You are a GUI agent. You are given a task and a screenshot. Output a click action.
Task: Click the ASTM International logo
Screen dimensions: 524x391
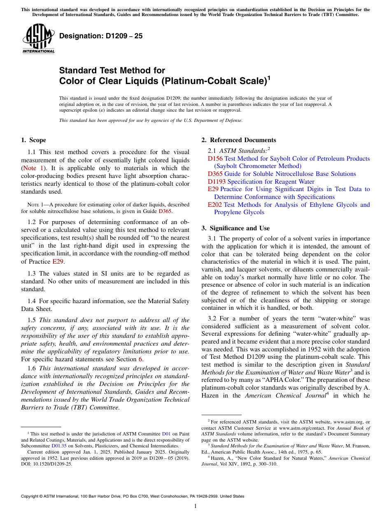click(x=38, y=38)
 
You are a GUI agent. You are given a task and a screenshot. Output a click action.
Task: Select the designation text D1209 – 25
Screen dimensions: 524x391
click(x=101, y=36)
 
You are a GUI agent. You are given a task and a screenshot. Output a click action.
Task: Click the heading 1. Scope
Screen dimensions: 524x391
click(x=33, y=140)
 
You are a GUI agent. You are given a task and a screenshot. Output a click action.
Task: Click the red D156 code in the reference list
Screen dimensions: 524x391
click(x=215, y=159)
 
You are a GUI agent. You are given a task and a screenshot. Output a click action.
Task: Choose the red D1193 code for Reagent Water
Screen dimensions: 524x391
click(x=216, y=182)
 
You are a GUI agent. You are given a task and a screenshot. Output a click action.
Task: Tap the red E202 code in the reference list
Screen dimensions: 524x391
click(x=215, y=205)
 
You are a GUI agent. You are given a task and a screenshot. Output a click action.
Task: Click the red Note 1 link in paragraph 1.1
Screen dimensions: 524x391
click(x=35, y=168)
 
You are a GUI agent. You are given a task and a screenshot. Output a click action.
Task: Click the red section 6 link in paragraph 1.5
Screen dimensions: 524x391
click(x=140, y=359)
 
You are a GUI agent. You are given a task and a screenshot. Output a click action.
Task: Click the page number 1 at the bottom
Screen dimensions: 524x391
click(x=195, y=506)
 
